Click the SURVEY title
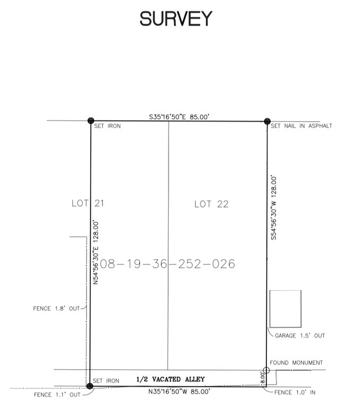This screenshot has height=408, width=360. pyautogui.click(x=176, y=19)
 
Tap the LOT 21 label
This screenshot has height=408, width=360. pyautogui.click(x=88, y=203)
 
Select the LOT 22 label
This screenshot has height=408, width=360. pyautogui.click(x=211, y=204)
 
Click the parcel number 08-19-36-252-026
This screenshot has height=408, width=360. pyautogui.click(x=167, y=264)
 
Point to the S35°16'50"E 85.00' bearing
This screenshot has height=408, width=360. pyautogui.click(x=179, y=117)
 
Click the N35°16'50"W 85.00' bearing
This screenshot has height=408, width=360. pyautogui.click(x=179, y=392)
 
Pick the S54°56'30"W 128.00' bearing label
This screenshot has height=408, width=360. pyautogui.click(x=274, y=208)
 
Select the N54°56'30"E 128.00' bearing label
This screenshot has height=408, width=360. pyautogui.click(x=96, y=252)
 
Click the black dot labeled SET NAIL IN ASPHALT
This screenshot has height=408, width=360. pyautogui.click(x=267, y=121)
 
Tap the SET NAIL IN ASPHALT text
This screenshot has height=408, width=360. pyautogui.click(x=302, y=126)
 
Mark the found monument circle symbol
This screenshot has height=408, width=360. pyautogui.click(x=266, y=370)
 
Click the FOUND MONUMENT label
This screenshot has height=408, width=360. pyautogui.click(x=296, y=363)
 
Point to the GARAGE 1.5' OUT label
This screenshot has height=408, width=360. pyautogui.click(x=300, y=336)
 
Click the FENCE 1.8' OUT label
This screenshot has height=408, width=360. pyautogui.click(x=56, y=309)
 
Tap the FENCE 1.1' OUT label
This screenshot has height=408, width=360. pyautogui.click(x=57, y=395)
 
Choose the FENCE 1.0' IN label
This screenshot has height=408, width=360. pyautogui.click(x=295, y=393)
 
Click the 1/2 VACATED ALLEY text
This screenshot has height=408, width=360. pyautogui.click(x=170, y=379)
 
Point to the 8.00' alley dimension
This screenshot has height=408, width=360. pyautogui.click(x=262, y=378)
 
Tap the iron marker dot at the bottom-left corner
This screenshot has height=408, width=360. pyautogui.click(x=90, y=386)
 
